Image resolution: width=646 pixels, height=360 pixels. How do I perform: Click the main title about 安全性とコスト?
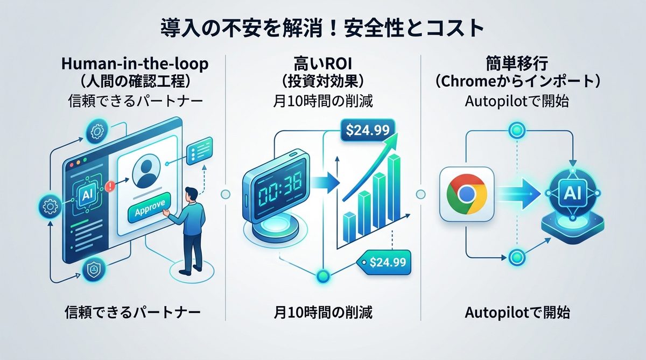coord(322,28)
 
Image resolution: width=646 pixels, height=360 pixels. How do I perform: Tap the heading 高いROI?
coord(322,65)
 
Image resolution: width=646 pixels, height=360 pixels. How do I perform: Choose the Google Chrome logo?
coord(467,194)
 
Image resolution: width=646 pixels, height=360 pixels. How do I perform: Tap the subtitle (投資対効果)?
coord(322,83)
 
